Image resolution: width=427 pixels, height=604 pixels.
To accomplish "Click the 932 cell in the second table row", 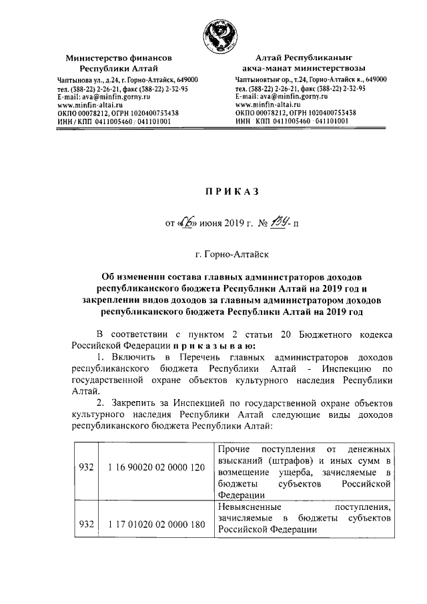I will point(85,524).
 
